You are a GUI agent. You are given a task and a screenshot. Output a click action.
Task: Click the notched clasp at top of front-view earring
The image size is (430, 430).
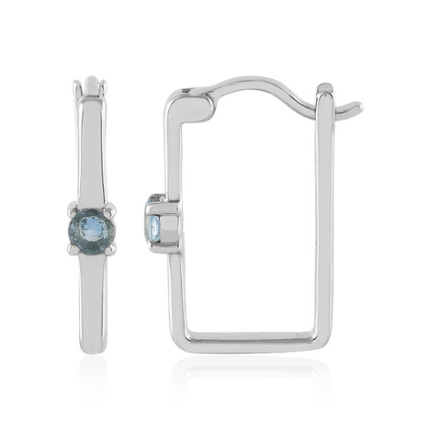91,87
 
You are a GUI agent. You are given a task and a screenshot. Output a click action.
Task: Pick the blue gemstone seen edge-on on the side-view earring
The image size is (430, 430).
154,225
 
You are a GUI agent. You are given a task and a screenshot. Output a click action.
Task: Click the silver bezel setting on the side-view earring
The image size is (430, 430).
165,224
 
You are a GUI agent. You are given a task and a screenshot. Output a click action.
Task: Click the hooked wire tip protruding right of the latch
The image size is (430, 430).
350,110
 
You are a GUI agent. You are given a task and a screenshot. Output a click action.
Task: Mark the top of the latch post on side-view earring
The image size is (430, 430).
324,89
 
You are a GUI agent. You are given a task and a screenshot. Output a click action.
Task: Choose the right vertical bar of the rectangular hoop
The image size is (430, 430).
324,221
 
